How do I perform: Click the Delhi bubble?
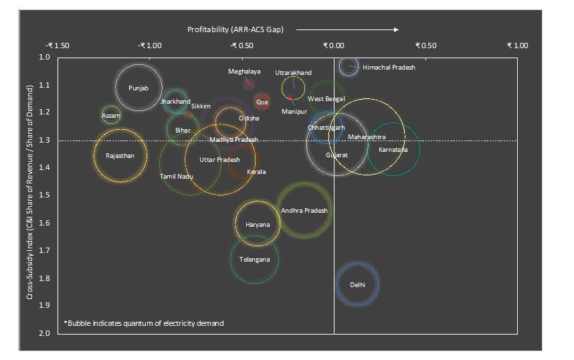point(357,284)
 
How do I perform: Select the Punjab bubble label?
point(138,88)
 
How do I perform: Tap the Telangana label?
point(255,259)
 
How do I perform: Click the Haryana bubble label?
point(258,224)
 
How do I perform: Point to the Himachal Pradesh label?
point(389,68)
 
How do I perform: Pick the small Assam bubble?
point(110,115)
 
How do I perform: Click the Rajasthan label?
point(120,156)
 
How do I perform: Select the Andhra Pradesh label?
point(304,210)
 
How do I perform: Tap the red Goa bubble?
point(262,102)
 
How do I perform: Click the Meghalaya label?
point(244,71)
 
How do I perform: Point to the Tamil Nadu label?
point(176,176)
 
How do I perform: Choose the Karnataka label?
point(393,149)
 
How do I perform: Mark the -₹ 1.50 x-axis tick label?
point(58,46)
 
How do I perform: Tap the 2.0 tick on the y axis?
point(45,333)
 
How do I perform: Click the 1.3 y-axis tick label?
point(45,140)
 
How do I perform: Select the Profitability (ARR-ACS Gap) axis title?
point(235,29)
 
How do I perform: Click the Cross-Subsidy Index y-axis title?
point(30,194)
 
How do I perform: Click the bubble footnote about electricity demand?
point(144,323)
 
